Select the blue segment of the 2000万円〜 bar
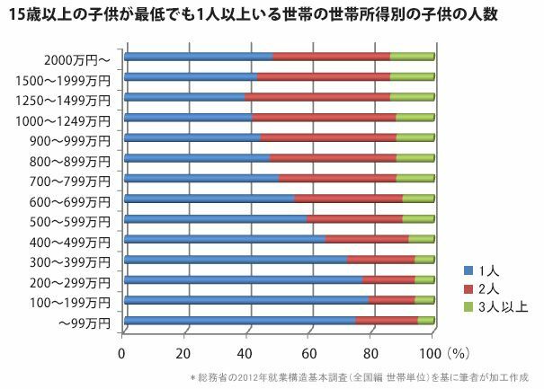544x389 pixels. coord(198,57)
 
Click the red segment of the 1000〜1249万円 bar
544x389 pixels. coord(324,118)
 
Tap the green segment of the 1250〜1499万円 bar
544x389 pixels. coord(412,97)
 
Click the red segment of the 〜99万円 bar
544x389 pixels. coord(386,321)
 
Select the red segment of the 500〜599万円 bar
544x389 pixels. coord(354,219)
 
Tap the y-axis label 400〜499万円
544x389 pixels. coord(75,243)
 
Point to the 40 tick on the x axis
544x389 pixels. coord(246,352)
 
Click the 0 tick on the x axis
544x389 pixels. coord(123,352)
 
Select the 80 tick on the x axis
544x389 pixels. coord(370,352)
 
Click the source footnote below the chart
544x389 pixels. coord(360,377)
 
